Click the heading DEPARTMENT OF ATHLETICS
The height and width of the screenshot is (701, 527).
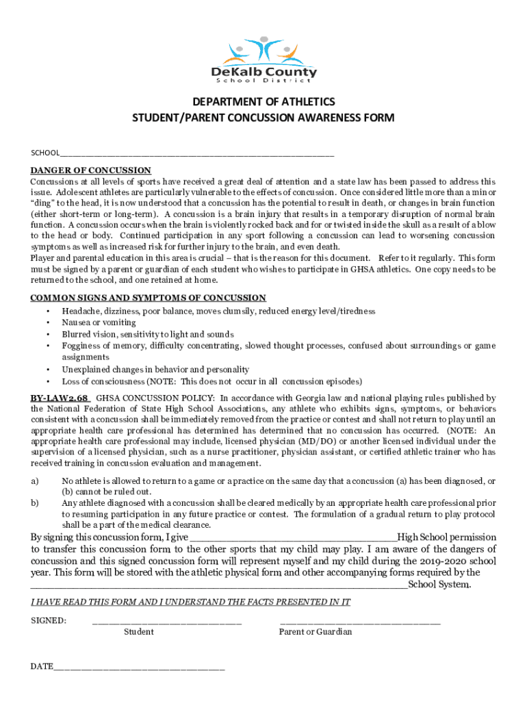tap(263, 102)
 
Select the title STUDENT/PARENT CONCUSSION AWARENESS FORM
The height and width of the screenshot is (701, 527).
tap(263, 118)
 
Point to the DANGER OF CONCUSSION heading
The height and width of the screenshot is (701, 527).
tap(90, 170)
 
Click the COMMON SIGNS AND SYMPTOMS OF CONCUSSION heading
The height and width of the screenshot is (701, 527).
tap(148, 298)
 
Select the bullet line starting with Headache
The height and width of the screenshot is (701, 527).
tap(218, 311)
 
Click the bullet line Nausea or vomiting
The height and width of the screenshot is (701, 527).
tap(99, 322)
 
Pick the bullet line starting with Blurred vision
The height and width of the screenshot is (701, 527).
tap(148, 334)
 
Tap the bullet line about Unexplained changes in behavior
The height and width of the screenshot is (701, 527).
tap(155, 369)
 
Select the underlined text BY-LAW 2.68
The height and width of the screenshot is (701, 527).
tap(60, 398)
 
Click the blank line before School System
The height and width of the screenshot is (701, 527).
tap(219, 585)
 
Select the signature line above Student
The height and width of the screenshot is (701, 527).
tap(166, 622)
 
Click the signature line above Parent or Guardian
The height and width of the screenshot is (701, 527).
tap(360, 622)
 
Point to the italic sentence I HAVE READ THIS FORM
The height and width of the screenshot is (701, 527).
tap(190, 602)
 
